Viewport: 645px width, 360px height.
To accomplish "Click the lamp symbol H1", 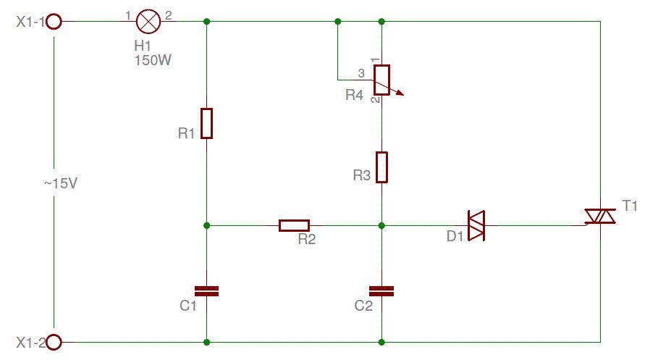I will (x=148, y=22).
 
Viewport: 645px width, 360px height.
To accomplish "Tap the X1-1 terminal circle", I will (x=54, y=22).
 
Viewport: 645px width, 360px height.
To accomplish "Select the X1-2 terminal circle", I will (x=54, y=341).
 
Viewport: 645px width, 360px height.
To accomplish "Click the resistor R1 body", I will (x=207, y=123).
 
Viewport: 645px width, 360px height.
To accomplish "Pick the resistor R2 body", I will (x=295, y=225).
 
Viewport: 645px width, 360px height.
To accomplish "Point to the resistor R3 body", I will (x=381, y=167).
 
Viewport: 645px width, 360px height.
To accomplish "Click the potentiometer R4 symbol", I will (x=381, y=80).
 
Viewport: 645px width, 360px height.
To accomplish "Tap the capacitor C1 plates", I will (x=207, y=290).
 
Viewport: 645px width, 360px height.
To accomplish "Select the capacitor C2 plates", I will (x=381, y=290).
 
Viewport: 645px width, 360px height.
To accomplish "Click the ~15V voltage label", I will (x=60, y=184).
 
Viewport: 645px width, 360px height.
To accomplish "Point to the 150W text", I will (x=153, y=60).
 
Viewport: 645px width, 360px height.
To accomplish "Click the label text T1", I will (x=630, y=206).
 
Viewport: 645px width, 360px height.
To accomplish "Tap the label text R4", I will (x=354, y=95).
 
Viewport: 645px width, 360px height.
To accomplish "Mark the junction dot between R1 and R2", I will (x=207, y=225).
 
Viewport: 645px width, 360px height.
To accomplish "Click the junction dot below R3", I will (x=381, y=225).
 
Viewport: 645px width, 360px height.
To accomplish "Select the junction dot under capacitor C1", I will (x=207, y=341).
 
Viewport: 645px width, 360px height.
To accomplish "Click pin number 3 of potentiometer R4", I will (x=361, y=72).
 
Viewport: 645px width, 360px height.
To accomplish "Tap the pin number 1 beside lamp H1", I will (x=128, y=14).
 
